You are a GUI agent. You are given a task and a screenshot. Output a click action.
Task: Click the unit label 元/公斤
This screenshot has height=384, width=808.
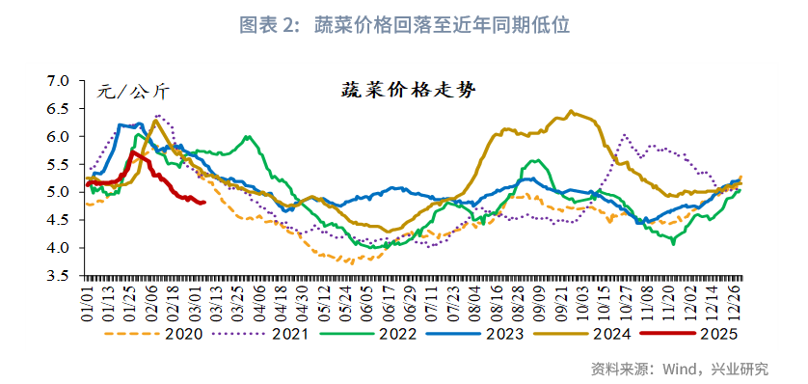[133, 93]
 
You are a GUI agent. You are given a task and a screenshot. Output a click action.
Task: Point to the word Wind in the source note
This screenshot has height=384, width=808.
[680, 369]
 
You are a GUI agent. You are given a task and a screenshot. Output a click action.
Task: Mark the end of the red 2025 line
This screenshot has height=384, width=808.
[204, 203]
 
